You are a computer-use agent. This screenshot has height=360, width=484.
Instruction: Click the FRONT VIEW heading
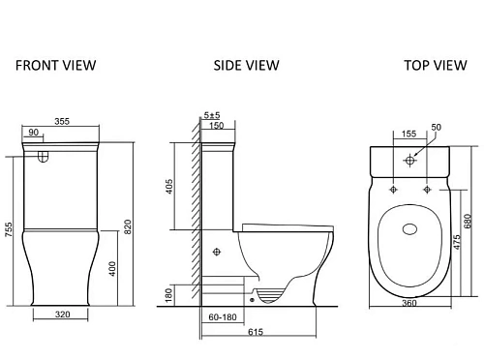coord(56,66)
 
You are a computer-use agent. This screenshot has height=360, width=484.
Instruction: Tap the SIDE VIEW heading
coord(246,66)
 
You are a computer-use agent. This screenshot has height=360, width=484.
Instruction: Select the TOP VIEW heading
coord(436,66)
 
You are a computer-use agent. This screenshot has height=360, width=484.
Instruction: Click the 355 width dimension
coord(62,121)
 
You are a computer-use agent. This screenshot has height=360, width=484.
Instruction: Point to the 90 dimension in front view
coord(34,133)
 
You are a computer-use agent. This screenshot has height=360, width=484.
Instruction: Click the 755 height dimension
coord(9,229)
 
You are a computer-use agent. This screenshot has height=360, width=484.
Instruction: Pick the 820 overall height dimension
coord(128,226)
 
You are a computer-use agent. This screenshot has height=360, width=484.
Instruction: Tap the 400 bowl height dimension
coord(112,269)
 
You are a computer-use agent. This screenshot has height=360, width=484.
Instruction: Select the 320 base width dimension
coord(62,315)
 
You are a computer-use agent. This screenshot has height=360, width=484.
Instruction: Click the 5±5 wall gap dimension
coord(212,115)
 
